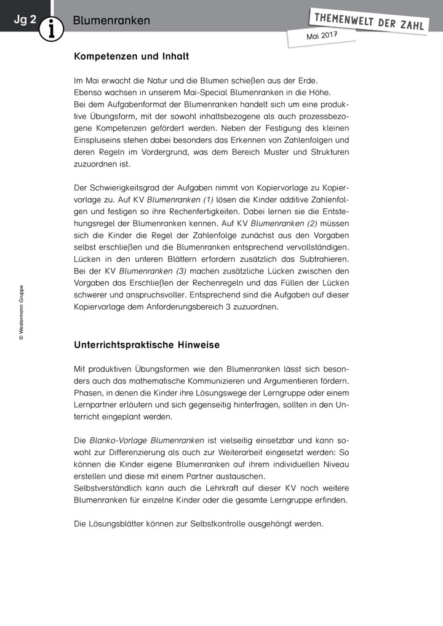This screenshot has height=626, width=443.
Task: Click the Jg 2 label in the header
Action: [x=25, y=20]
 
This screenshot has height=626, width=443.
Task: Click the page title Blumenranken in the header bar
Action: [x=111, y=20]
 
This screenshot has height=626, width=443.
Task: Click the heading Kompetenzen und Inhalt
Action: [x=131, y=57]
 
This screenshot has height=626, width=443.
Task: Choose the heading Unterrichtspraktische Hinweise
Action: [x=146, y=345]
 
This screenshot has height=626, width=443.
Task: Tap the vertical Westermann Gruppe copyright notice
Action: [x=21, y=312]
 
